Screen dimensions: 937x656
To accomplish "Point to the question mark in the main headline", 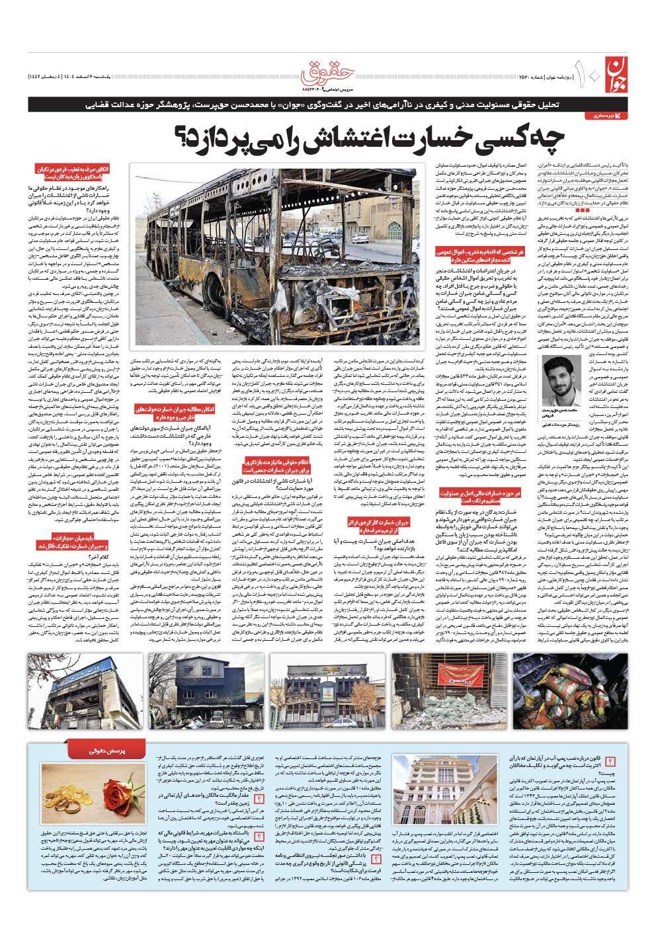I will [x=181, y=137].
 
